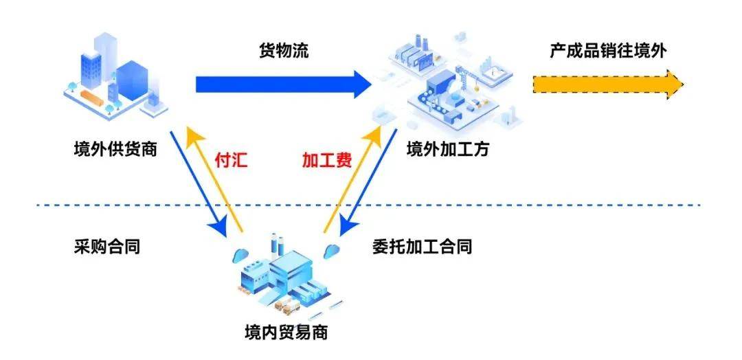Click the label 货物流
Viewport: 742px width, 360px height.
tap(283, 51)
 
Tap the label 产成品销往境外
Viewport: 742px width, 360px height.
tap(608, 51)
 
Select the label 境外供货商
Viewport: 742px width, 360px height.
tap(115, 148)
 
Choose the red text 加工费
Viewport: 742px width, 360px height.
tap(327, 160)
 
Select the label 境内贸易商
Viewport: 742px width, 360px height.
tap(286, 333)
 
